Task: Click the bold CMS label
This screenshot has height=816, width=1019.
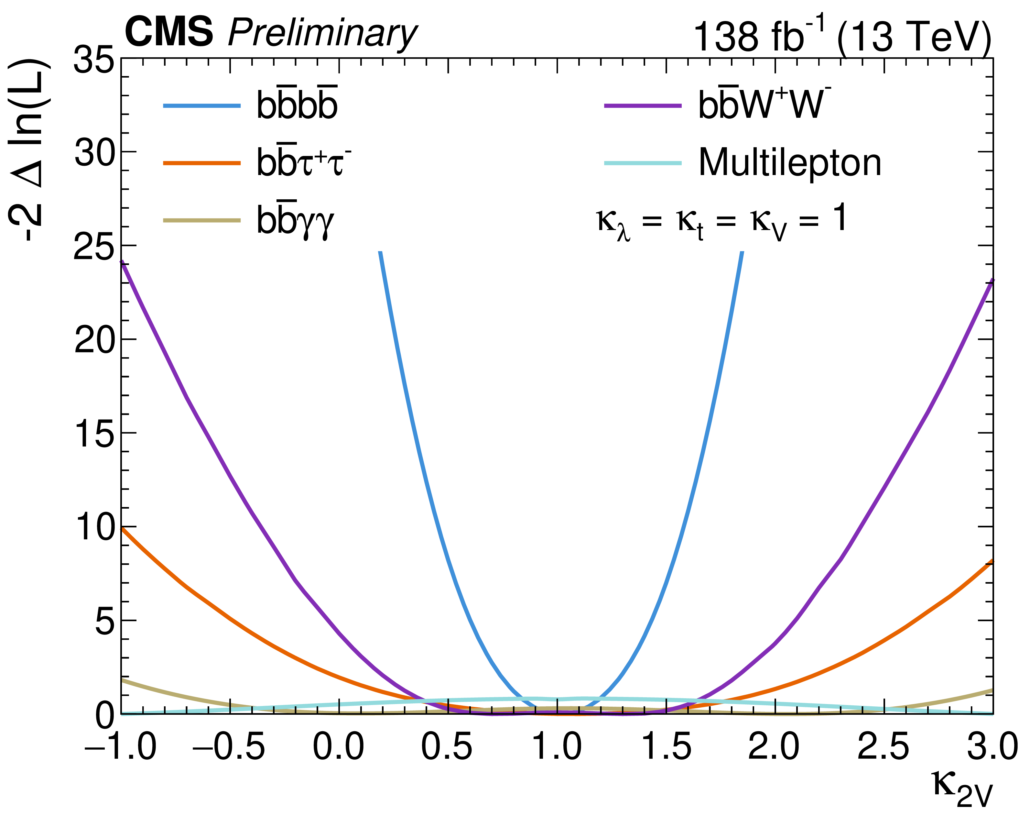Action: [x=169, y=32]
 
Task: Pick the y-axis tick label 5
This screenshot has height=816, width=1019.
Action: [x=104, y=621]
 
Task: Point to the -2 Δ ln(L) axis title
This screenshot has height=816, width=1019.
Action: [x=29, y=150]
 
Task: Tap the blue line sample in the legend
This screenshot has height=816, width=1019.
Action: [x=202, y=106]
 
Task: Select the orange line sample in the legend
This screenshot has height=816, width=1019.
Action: [x=202, y=163]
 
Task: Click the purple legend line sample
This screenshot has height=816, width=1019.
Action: [x=643, y=106]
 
